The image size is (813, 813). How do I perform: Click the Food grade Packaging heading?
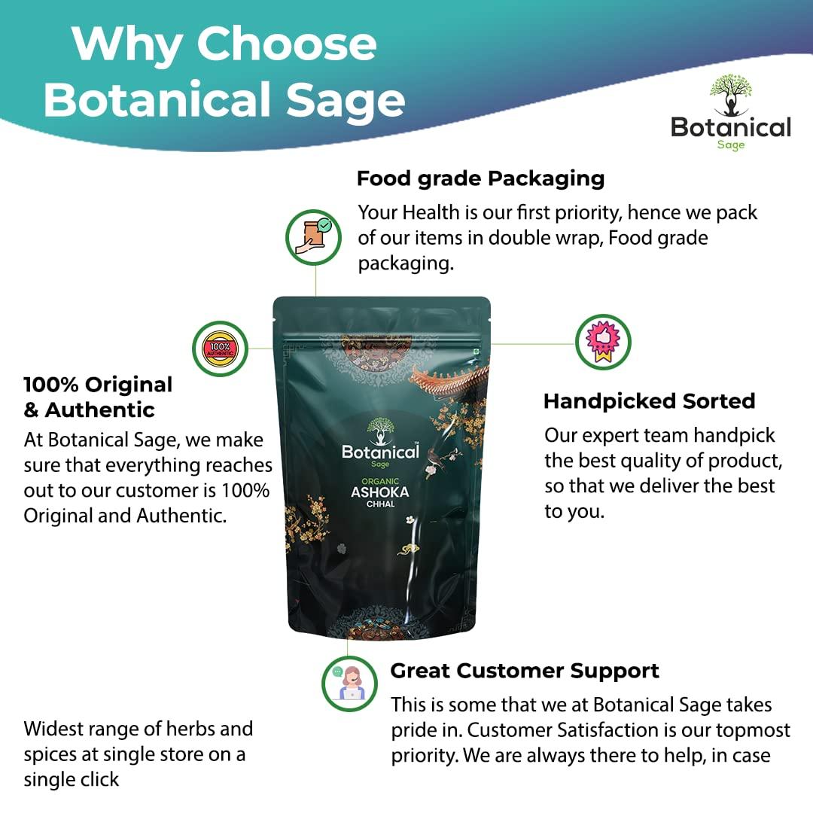tap(480, 179)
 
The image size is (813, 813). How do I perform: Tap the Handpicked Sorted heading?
tap(649, 401)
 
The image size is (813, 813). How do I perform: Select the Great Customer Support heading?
tap(525, 671)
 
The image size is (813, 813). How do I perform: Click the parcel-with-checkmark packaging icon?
tap(314, 237)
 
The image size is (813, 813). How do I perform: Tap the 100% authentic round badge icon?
tap(220, 349)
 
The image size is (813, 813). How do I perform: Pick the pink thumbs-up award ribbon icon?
tap(603, 343)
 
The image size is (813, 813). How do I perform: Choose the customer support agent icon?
tap(349, 684)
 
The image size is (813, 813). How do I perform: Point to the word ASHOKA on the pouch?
tap(380, 492)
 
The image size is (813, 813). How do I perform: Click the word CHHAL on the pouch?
tap(381, 504)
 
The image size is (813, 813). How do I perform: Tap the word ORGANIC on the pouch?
tap(380, 481)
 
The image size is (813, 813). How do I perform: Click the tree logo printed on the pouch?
tap(381, 431)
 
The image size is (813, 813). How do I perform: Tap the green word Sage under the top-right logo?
tap(731, 145)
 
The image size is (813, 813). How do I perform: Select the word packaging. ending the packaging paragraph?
tap(406, 264)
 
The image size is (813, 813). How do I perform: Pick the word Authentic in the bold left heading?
tap(99, 410)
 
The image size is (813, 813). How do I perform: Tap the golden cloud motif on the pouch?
tap(408, 549)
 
